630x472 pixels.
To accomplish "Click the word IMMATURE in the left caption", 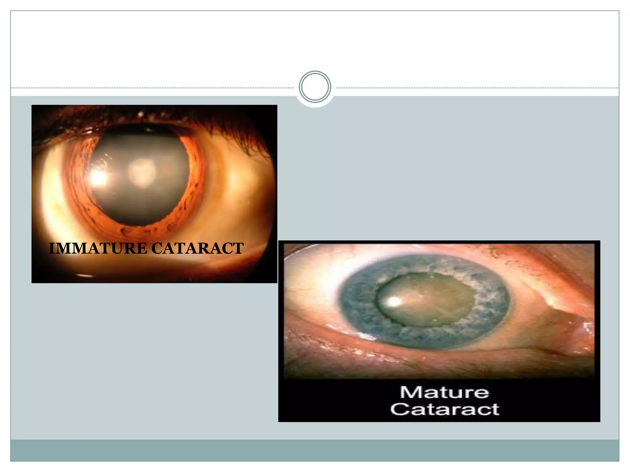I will click(98, 248).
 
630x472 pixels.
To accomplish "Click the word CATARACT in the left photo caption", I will click(197, 248).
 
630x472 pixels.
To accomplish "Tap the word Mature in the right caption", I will click(444, 392).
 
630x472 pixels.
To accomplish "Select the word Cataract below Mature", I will click(445, 409).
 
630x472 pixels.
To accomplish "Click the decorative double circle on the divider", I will click(315, 87).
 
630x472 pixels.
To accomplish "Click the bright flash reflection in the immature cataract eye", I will click(98, 177).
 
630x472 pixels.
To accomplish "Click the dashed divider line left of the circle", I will click(154, 88).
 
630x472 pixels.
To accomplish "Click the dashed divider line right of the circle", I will click(477, 88).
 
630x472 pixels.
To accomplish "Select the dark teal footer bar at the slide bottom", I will click(315, 450).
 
